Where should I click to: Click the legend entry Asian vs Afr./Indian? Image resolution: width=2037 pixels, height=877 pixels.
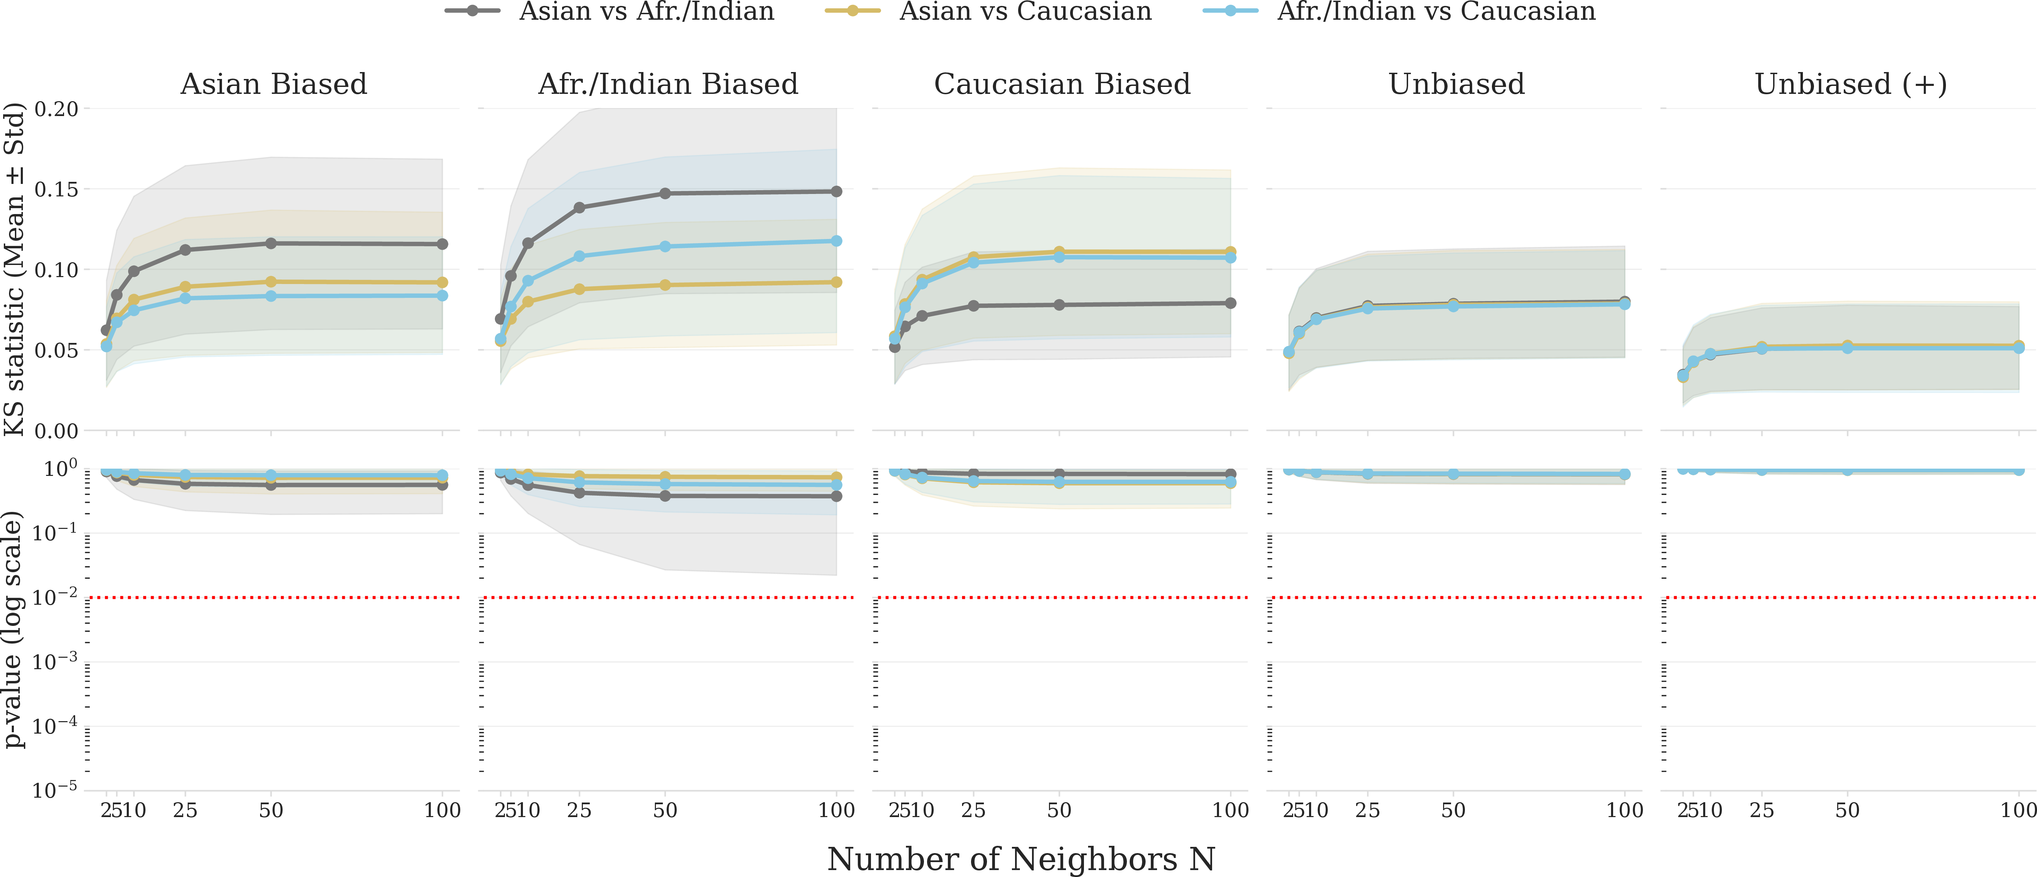(x=609, y=11)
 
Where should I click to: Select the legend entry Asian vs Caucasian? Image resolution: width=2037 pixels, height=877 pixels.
(x=988, y=11)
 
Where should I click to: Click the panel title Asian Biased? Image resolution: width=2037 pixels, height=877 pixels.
(x=274, y=84)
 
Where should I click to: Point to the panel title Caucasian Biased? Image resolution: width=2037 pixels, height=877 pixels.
(x=1062, y=84)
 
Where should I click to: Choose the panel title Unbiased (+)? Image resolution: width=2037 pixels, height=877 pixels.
(x=1850, y=84)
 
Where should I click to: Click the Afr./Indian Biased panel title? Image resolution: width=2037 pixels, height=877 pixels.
(x=668, y=84)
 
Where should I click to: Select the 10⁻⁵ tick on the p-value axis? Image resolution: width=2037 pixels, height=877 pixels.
(x=55, y=788)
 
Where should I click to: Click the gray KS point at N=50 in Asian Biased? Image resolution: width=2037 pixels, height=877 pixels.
(x=271, y=243)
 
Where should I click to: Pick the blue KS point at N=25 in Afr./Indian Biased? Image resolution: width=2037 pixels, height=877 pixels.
(x=580, y=256)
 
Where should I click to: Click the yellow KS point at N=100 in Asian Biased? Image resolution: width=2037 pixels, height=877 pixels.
(x=442, y=282)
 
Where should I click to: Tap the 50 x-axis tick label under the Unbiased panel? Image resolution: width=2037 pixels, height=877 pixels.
(x=1453, y=810)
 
